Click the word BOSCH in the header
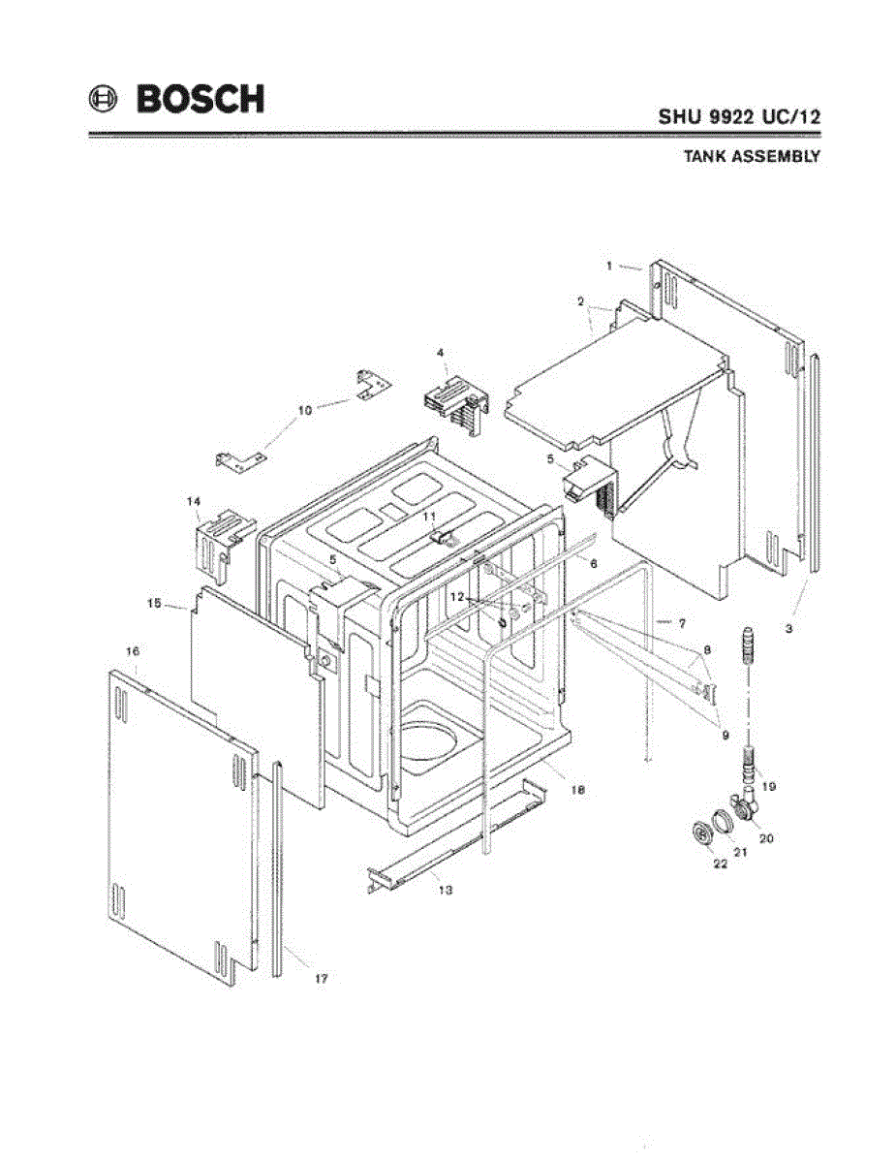(x=200, y=99)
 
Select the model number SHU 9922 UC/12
(x=740, y=116)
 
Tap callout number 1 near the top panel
(x=608, y=265)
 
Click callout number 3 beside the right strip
(x=789, y=628)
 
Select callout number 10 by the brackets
(x=304, y=410)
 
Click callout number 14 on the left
(x=194, y=501)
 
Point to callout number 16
(x=133, y=649)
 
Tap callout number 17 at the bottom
(x=321, y=980)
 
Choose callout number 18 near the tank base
(x=577, y=791)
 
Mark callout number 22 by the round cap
(x=721, y=864)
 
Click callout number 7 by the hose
(x=681, y=621)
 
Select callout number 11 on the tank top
(x=429, y=518)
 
